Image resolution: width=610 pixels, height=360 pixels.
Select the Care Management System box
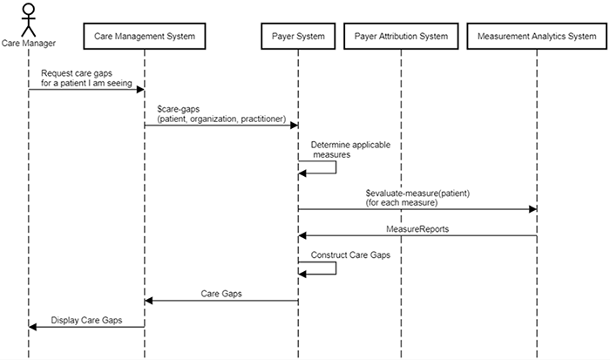click(145, 37)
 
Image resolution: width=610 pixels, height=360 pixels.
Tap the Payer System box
click(297, 37)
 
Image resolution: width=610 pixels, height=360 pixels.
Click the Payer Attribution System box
click(401, 37)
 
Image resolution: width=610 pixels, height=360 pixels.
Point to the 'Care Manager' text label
click(28, 41)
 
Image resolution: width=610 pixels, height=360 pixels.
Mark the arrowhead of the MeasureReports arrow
click(303, 235)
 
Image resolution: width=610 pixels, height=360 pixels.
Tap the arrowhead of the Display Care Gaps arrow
click(33, 327)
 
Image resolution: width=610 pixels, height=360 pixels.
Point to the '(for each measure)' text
click(402, 201)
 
